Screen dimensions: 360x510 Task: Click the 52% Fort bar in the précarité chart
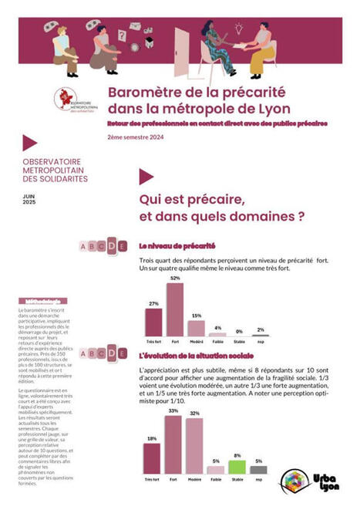tap(175, 310)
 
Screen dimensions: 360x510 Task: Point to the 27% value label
tap(153, 303)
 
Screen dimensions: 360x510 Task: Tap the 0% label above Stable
tap(239, 331)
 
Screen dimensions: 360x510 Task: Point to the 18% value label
tap(152, 438)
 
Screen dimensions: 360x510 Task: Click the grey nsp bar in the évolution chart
tap(260, 469)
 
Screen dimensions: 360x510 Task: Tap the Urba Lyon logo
tap(306, 483)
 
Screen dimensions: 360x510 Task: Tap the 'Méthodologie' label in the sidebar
tap(42, 301)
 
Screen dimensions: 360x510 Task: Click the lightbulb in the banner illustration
tap(239, 29)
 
